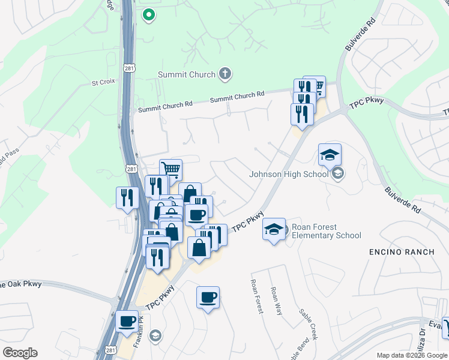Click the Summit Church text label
click(x=186, y=74)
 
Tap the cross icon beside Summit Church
click(x=225, y=74)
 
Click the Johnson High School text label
click(x=289, y=175)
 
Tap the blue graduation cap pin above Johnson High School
click(x=330, y=156)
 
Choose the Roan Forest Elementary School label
click(x=326, y=231)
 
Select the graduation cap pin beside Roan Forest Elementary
click(x=274, y=230)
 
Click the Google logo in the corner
click(x=19, y=353)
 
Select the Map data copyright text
click(x=412, y=356)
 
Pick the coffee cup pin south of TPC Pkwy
click(x=208, y=298)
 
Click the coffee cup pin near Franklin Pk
click(x=127, y=322)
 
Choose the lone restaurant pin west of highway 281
click(x=127, y=198)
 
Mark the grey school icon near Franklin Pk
click(x=155, y=335)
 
